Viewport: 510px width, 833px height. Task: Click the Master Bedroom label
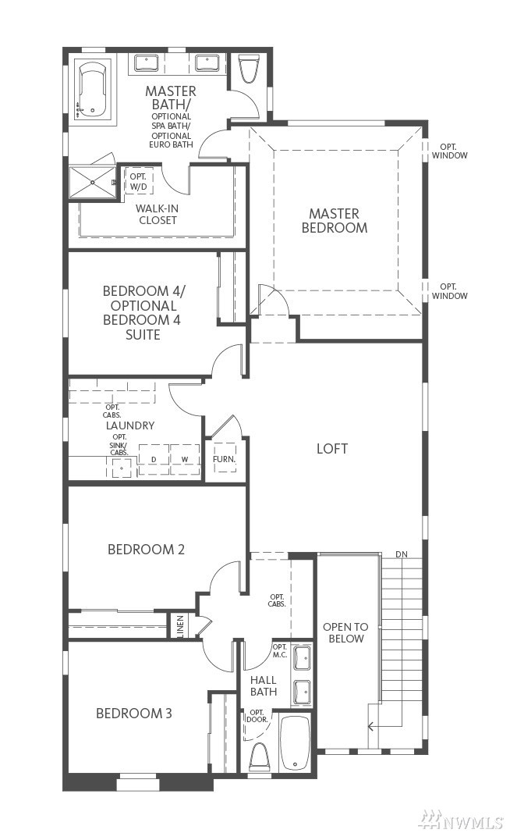click(335, 220)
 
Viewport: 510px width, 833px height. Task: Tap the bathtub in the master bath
click(92, 91)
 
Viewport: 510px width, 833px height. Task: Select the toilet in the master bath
click(248, 69)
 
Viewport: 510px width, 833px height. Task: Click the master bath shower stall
click(92, 182)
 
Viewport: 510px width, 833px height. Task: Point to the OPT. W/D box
click(139, 181)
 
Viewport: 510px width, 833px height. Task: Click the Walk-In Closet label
click(157, 214)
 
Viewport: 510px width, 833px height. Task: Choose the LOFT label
click(332, 449)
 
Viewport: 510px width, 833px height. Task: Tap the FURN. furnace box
click(224, 459)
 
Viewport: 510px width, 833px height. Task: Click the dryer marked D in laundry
click(154, 459)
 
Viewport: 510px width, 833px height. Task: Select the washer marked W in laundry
click(185, 459)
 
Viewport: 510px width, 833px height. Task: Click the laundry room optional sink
click(122, 467)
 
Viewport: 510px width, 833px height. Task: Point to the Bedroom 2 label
click(146, 550)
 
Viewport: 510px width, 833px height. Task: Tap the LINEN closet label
click(180, 626)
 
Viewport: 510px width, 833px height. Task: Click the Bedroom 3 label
click(133, 714)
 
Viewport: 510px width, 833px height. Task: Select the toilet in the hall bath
click(260, 756)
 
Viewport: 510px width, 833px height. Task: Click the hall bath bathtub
click(295, 742)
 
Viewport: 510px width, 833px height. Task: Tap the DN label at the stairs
click(402, 554)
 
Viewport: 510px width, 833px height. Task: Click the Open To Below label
click(345, 632)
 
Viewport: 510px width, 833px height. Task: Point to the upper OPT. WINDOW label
click(449, 151)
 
